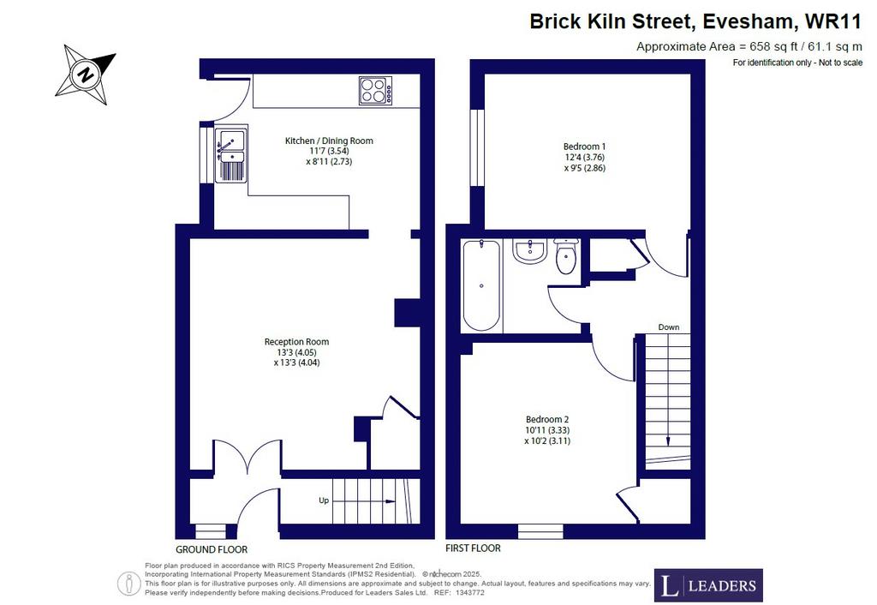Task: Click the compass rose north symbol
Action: pyautogui.click(x=86, y=75)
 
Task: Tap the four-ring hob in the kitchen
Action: pyautogui.click(x=375, y=91)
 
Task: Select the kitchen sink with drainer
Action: pyautogui.click(x=230, y=155)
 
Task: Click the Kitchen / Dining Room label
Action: pyautogui.click(x=329, y=141)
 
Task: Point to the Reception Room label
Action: pyautogui.click(x=296, y=342)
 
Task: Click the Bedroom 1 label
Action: pyautogui.click(x=584, y=147)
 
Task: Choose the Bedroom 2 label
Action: pyautogui.click(x=547, y=420)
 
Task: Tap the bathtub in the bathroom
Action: pyautogui.click(x=481, y=285)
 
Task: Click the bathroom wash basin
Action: pyautogui.click(x=529, y=251)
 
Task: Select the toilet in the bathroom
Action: pyautogui.click(x=566, y=256)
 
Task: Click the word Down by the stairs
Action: pyautogui.click(x=668, y=327)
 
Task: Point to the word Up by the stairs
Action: pyautogui.click(x=324, y=501)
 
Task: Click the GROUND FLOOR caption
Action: pyautogui.click(x=212, y=549)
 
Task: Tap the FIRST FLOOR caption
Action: pyautogui.click(x=473, y=548)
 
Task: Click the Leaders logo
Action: pyautogui.click(x=708, y=585)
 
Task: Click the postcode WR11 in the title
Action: pyautogui.click(x=832, y=21)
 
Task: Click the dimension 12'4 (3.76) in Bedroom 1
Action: pyautogui.click(x=584, y=158)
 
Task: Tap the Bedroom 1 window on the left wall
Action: pyautogui.click(x=477, y=147)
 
